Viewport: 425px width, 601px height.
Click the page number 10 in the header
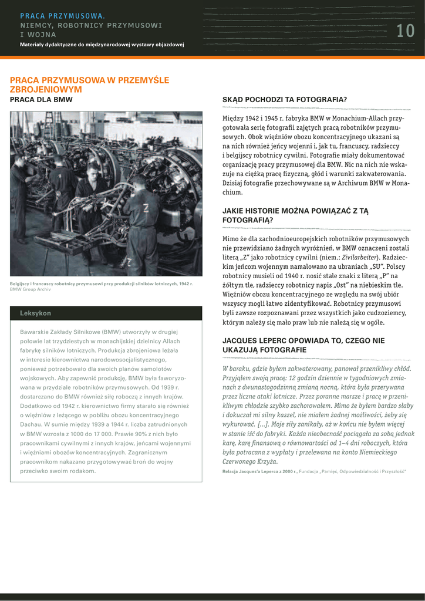coord(405,31)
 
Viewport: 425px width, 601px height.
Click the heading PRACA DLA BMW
coord(41,100)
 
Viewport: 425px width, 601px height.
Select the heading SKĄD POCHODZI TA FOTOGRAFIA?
coord(284,100)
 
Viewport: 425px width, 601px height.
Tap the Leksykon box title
coord(35,313)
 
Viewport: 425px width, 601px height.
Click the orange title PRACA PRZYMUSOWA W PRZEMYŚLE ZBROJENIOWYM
coord(89,85)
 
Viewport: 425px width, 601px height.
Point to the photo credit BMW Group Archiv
coord(31,289)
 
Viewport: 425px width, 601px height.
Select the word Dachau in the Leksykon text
coord(32,424)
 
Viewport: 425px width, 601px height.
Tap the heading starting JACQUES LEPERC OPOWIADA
coord(303,345)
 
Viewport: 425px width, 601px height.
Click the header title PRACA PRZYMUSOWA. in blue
coord(62,16)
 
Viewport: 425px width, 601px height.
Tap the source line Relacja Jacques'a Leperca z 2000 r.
coord(260,471)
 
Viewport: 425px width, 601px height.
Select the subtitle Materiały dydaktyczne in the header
coord(102,45)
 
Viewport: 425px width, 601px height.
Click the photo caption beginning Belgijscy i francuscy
coord(101,284)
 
